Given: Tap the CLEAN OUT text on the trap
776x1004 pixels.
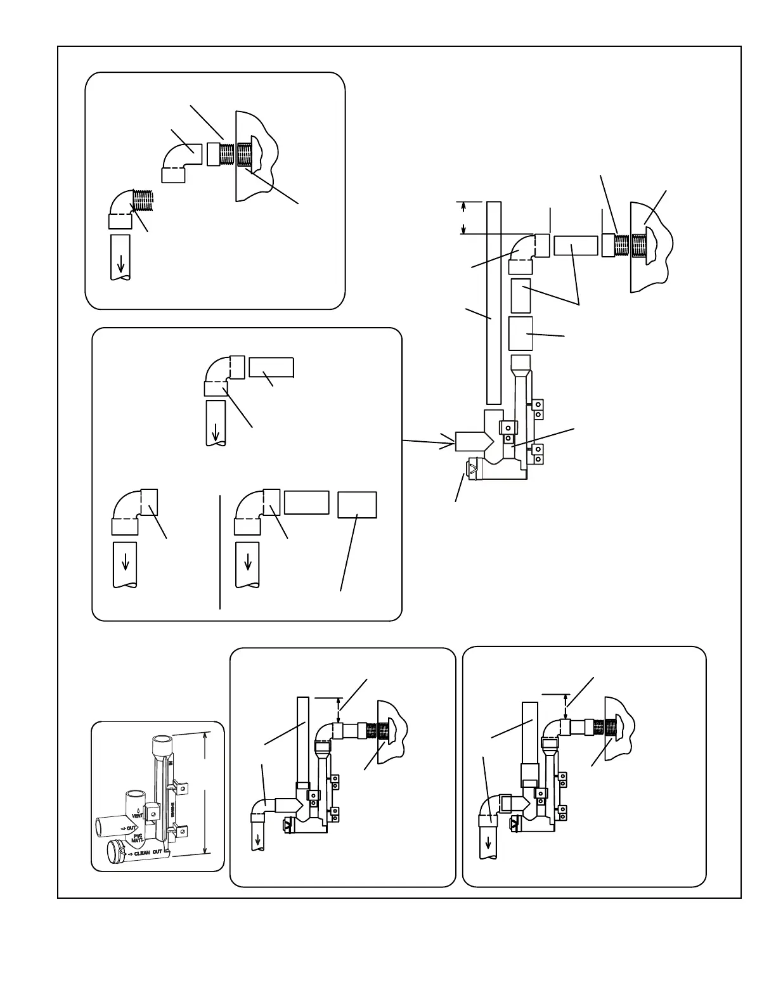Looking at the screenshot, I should click(x=148, y=853).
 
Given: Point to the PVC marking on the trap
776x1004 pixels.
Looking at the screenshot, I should click(x=139, y=836).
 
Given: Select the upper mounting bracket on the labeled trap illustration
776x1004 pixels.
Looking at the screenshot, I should click(x=182, y=788).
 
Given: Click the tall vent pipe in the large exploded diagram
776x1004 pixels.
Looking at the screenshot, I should click(x=494, y=303).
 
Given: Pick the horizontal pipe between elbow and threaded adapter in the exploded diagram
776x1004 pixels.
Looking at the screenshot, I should click(x=576, y=245).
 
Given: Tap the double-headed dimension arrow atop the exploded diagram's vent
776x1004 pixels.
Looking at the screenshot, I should click(x=464, y=217).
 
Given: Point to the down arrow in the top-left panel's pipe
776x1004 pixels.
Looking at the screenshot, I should click(x=120, y=262).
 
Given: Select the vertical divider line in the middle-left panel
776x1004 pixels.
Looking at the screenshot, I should click(x=220, y=551).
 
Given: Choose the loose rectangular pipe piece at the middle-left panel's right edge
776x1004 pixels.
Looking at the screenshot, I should click(x=358, y=505).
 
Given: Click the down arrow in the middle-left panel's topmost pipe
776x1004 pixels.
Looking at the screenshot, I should click(x=216, y=431).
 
